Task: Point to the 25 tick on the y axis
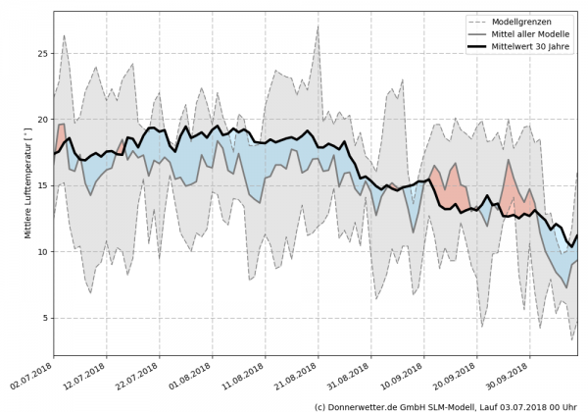42,53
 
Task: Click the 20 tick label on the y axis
42,119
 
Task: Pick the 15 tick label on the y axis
42,185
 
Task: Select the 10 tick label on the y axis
42,252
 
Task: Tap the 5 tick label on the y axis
45,318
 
